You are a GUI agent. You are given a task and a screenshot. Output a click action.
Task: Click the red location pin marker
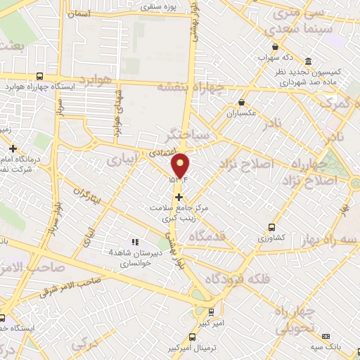click(181, 165)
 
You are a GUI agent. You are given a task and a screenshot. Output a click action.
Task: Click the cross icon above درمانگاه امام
click(13, 148)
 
